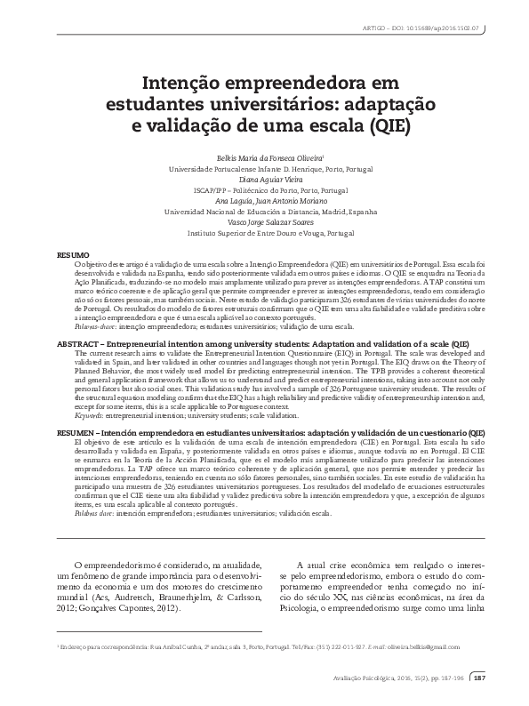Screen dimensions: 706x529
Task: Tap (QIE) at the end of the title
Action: [x=383, y=124]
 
